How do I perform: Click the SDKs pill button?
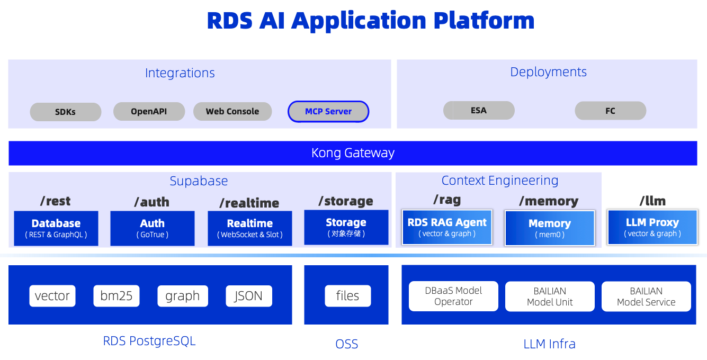point(66,112)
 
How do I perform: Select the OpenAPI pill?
point(149,111)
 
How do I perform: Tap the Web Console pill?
point(232,111)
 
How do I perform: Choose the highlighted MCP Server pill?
point(328,111)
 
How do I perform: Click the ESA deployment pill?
point(479,111)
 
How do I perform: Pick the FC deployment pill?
point(611,111)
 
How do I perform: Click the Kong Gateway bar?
point(353,153)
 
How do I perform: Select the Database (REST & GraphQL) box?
point(56,228)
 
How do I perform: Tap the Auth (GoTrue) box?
point(153,228)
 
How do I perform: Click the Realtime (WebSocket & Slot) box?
point(250,228)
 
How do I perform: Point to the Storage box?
point(346,227)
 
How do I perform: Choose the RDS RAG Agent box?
point(447,227)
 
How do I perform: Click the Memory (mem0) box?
point(550,228)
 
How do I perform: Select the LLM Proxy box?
point(652,227)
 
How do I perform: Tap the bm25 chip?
point(117,296)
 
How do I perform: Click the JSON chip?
point(249,296)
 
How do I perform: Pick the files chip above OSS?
point(348,296)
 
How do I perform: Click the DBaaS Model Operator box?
point(453,296)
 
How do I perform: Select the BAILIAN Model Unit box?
point(550,296)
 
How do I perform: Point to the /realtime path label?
point(249,203)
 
